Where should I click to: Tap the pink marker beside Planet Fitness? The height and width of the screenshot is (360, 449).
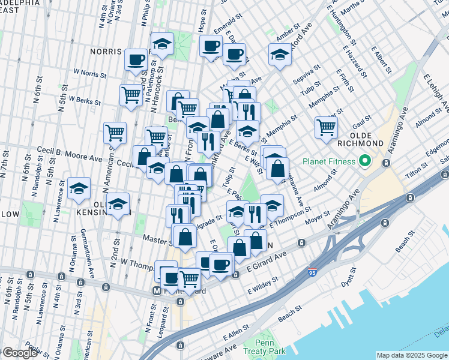[x=363, y=161]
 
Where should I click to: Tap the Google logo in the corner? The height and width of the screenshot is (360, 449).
[x=20, y=353]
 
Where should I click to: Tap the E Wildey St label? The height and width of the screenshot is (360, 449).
[x=262, y=286]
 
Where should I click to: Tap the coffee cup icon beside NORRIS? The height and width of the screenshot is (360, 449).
[x=136, y=59]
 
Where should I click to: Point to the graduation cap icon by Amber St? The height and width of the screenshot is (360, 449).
[x=279, y=55]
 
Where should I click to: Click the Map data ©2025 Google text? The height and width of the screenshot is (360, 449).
[x=412, y=355]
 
